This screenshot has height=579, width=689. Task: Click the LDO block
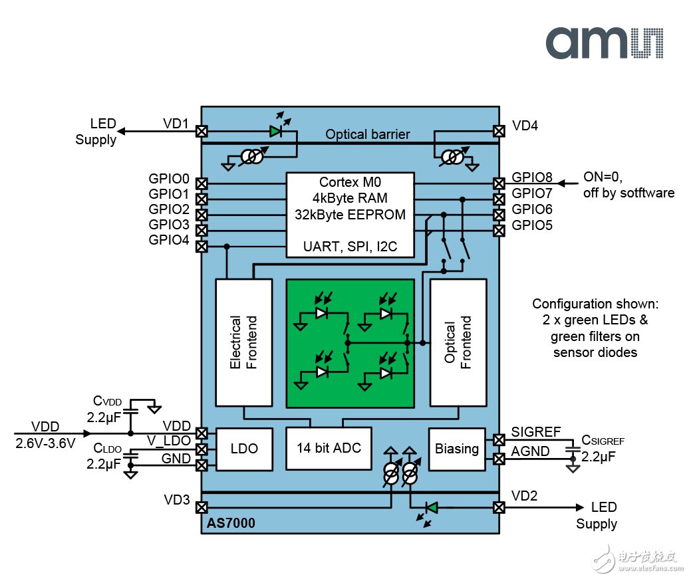pyautogui.click(x=243, y=449)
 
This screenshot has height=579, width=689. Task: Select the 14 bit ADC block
pyautogui.click(x=329, y=447)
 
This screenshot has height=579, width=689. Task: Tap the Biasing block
pyautogui.click(x=457, y=448)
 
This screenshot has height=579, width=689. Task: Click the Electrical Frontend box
pyautogui.click(x=244, y=342)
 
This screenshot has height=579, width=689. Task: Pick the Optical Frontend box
pyautogui.click(x=458, y=342)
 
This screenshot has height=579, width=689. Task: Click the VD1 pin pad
pyautogui.click(x=201, y=132)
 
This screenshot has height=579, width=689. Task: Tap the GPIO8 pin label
pyautogui.click(x=532, y=178)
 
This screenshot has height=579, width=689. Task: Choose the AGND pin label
pyautogui.click(x=531, y=451)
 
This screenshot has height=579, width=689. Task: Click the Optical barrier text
pyautogui.click(x=368, y=134)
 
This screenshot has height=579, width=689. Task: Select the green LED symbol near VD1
pyautogui.click(x=276, y=132)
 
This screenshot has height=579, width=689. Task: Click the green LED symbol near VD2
pyautogui.click(x=431, y=507)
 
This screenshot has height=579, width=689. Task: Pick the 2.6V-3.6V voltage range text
pyautogui.click(x=45, y=442)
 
